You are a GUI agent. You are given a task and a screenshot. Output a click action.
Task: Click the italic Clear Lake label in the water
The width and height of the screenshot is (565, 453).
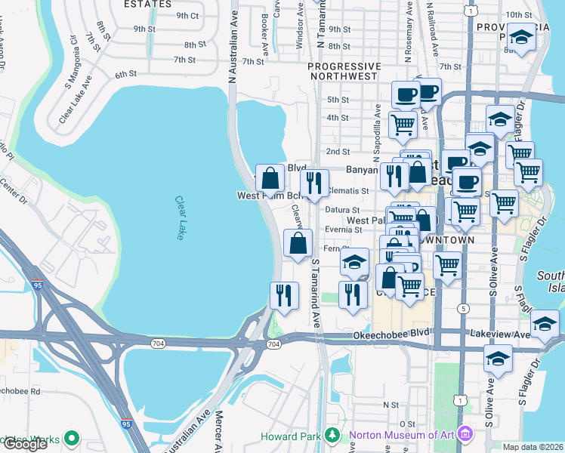180,218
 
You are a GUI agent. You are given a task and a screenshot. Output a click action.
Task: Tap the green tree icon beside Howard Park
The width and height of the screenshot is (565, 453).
330,436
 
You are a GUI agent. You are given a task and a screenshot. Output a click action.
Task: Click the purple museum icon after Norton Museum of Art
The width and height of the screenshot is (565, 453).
465,436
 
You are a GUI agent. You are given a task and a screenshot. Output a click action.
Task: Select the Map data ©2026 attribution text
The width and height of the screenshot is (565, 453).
533,447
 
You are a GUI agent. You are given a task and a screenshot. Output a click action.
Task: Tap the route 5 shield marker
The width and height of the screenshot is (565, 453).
462,309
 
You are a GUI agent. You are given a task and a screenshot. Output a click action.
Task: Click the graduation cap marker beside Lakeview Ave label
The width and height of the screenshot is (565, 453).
544,325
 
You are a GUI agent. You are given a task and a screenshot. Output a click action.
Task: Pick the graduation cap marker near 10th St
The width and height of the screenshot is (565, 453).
520,37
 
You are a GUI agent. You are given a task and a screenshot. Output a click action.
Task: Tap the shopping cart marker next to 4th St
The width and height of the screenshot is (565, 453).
403,124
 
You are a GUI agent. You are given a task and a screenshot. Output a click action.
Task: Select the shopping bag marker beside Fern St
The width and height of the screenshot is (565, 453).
298,243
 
